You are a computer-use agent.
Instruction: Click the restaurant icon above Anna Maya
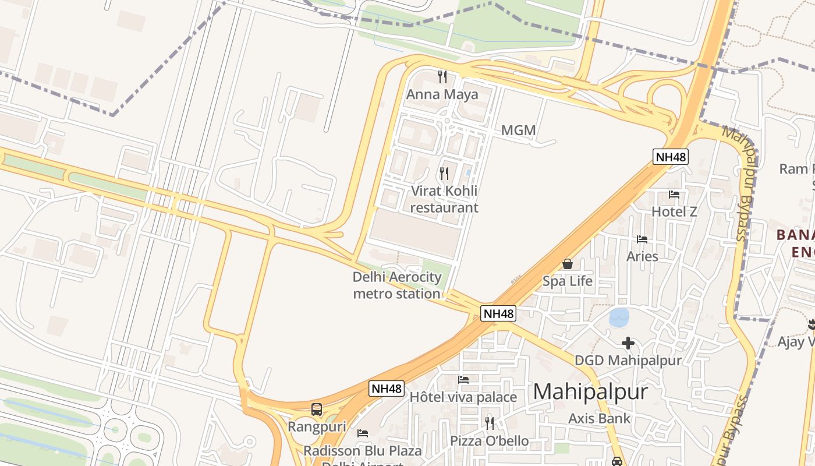[442, 77]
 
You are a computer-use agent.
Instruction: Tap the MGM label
[518, 130]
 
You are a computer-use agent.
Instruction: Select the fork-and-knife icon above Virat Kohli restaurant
[444, 174]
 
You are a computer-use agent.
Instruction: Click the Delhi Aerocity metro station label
[397, 285]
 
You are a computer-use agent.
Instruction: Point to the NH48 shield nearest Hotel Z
[671, 157]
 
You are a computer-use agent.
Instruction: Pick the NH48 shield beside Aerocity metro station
[499, 313]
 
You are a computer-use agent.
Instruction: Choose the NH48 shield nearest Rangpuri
[387, 389]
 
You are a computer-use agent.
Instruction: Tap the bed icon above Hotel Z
[674, 195]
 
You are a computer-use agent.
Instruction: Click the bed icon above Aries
[642, 239]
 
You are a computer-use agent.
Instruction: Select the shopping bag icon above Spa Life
[568, 264]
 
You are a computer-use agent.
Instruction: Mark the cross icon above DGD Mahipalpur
[628, 343]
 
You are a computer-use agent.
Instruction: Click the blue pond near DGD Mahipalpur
[619, 317]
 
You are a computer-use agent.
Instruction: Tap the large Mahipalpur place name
[590, 391]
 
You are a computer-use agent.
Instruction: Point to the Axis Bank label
[599, 418]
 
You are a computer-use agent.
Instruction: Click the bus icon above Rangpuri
[317, 409]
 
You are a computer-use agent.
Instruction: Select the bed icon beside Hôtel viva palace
[463, 380]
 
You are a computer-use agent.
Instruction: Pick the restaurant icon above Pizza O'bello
[490, 423]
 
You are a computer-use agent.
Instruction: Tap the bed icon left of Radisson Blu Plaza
[363, 433]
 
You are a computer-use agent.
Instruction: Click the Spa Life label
[568, 281]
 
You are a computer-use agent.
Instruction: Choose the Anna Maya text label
[442, 94]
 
